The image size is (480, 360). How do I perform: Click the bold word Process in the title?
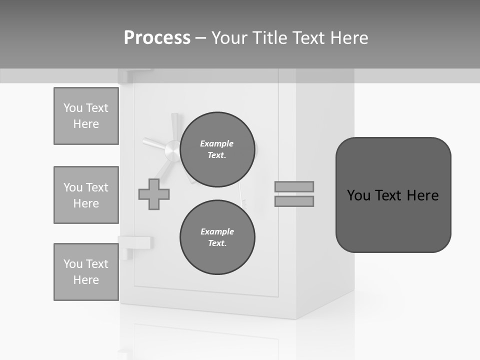click(x=157, y=37)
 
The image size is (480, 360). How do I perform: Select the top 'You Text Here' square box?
click(x=86, y=116)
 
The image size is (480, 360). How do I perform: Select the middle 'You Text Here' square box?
click(x=86, y=195)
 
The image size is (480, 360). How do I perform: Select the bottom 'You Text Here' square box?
click(x=86, y=272)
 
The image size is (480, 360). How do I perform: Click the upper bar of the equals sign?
click(x=294, y=186)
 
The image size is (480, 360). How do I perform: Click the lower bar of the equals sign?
click(x=294, y=201)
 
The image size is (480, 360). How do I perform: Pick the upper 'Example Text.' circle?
click(x=217, y=149)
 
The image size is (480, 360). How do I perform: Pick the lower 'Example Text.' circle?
click(x=217, y=237)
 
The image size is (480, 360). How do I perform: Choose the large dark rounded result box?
click(x=393, y=195)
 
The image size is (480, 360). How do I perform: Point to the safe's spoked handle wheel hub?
click(x=172, y=149)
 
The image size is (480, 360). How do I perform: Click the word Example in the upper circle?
click(x=216, y=143)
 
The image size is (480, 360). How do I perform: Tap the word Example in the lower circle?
click(x=217, y=231)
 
